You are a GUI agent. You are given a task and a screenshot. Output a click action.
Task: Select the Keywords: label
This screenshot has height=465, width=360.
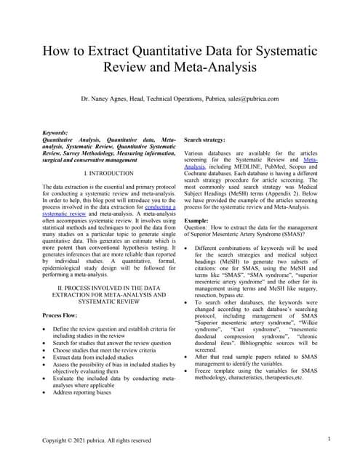click(x=56, y=133)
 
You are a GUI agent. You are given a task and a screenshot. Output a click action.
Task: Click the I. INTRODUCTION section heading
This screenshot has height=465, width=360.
click(x=108, y=174)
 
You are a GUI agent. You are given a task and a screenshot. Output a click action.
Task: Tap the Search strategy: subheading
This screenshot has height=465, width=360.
click(x=209, y=139)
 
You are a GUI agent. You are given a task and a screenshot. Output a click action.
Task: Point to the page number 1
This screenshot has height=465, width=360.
click(x=329, y=439)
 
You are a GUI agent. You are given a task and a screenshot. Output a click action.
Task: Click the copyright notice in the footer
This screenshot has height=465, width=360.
click(x=96, y=440)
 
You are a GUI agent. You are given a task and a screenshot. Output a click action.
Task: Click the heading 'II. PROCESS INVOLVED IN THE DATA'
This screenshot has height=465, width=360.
click(x=109, y=288)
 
